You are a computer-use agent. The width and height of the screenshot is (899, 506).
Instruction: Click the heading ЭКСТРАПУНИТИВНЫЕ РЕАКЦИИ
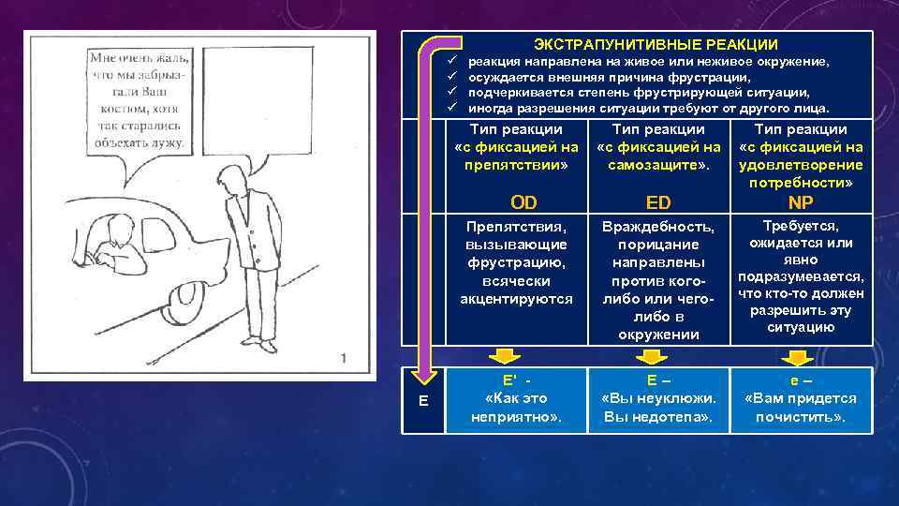point(656,44)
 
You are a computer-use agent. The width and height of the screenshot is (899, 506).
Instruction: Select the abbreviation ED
point(658,202)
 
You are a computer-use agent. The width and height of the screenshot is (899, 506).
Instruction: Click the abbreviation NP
point(801,202)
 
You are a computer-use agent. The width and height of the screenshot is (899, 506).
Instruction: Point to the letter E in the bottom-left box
point(423,400)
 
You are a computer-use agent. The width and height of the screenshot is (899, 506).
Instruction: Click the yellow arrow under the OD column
point(506,355)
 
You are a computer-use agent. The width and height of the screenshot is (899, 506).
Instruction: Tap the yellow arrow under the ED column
point(651,355)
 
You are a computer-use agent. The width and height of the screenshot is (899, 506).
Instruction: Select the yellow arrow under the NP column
point(798,355)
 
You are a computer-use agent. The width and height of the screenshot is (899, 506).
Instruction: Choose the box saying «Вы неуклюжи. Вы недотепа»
point(658,399)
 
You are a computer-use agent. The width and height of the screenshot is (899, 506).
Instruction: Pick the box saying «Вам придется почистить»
point(801,399)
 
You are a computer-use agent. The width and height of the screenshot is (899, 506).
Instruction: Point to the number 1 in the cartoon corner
point(344,357)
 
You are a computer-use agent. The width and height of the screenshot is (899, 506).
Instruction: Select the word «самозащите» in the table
point(656,165)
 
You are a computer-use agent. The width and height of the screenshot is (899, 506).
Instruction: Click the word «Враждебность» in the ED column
point(658,227)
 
